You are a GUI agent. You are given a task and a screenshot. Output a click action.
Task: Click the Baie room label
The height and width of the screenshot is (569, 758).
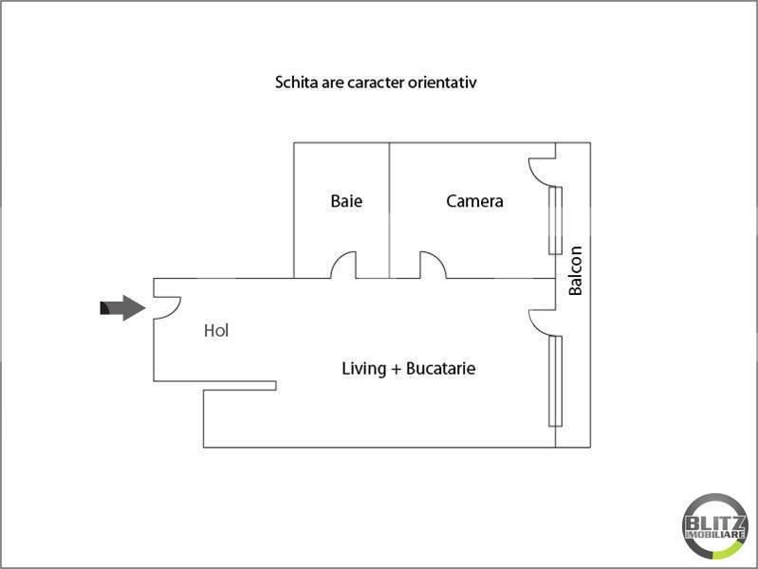pos(346,201)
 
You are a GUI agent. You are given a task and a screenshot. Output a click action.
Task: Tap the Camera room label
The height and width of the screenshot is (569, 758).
pos(474,201)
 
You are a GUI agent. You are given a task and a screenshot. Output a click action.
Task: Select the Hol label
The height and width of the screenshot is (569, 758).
pos(216,331)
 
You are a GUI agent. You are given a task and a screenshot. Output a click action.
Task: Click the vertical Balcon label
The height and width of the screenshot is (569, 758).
pos(575,270)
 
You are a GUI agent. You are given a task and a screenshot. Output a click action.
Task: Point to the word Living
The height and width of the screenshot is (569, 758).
pos(363,369)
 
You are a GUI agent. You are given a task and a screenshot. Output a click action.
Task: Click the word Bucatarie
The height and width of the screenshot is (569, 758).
pos(440,368)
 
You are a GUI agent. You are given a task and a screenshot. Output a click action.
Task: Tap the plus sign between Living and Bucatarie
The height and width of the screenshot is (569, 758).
pos(396,369)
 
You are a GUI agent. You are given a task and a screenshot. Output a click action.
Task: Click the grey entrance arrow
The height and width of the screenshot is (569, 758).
pos(122,308)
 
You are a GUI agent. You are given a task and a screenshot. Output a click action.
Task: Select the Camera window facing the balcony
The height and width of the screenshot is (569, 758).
pos(555,220)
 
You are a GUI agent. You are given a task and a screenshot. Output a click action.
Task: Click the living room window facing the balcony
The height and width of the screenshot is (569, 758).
pos(555,381)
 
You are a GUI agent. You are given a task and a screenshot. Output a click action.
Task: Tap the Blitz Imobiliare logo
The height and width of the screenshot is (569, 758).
pos(714,526)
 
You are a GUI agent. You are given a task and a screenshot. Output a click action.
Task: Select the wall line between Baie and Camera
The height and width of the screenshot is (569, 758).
pos(390,211)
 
